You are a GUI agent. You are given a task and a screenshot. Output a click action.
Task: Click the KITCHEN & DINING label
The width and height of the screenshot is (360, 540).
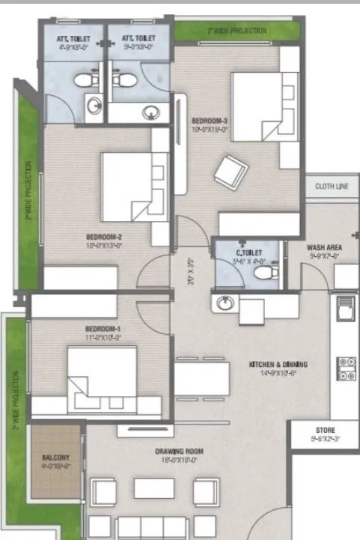click(x=278, y=365)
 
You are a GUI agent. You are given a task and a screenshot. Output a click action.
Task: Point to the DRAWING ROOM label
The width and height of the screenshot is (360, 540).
click(x=180, y=452)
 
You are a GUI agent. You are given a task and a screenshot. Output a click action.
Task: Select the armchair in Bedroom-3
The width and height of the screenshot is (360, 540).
click(x=228, y=171)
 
